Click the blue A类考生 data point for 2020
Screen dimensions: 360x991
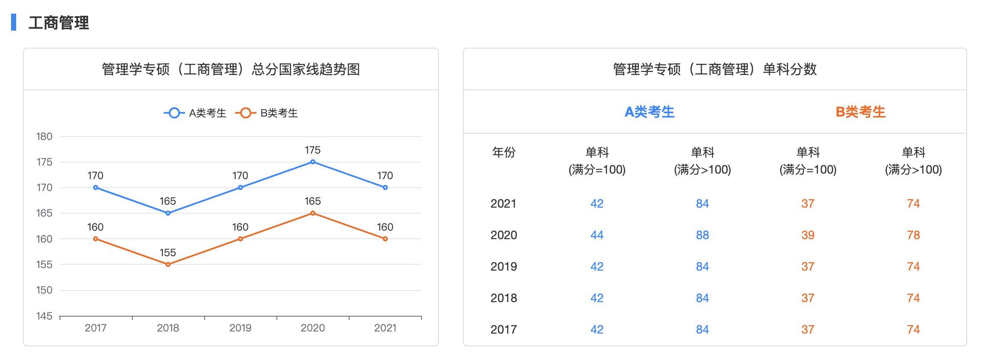313,162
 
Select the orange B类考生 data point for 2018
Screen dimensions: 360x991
168,264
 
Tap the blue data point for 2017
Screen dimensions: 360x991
96,188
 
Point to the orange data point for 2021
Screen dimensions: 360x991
385,239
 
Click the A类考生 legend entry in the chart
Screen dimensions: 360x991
195,113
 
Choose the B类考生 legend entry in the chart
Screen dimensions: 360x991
267,113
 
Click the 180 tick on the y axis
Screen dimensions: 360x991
44,137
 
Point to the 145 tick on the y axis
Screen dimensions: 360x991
44,316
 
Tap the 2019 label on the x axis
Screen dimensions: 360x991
240,328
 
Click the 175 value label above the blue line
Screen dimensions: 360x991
313,150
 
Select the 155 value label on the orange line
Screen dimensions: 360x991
168,253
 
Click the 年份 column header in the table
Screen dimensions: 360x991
504,152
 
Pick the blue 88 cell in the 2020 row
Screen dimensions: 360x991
702,235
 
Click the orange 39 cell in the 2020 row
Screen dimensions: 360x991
808,235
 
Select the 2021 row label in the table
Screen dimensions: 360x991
504,203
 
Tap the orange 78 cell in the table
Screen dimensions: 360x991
913,235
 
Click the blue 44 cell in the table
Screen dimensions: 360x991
597,235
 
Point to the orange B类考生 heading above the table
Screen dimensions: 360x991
860,112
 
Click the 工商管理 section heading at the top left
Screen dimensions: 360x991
59,23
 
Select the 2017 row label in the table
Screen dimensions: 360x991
504,329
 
